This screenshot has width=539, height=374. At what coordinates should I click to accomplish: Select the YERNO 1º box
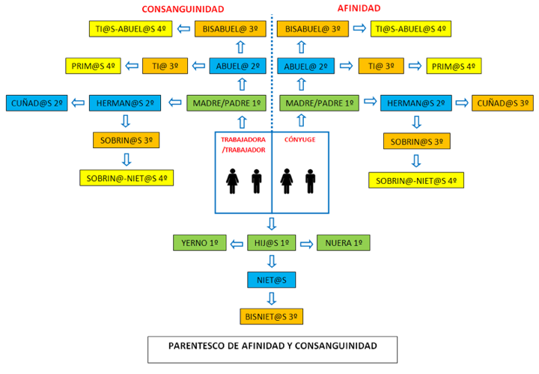200,242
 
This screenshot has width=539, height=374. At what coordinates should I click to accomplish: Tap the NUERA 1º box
344,242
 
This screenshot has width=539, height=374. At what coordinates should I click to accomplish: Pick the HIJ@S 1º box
272,242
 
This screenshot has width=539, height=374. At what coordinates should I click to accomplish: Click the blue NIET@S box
272,279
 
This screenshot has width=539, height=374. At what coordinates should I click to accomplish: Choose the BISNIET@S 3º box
272,316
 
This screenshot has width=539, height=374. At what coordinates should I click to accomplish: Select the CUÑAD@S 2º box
37,102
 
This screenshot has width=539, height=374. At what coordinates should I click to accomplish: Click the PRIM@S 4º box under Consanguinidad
94,66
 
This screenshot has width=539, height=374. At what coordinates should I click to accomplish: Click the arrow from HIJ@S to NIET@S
272,261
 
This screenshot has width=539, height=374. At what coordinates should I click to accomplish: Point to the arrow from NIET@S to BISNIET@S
272,298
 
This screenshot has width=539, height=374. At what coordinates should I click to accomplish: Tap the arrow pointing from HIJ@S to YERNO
237,242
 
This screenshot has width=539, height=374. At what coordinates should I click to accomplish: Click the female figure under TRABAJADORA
232,180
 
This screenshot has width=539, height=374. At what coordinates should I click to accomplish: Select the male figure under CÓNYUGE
310,180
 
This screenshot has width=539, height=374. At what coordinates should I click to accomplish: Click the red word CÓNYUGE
299,140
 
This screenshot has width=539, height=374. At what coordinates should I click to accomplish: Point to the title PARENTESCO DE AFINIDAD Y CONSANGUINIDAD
272,346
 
